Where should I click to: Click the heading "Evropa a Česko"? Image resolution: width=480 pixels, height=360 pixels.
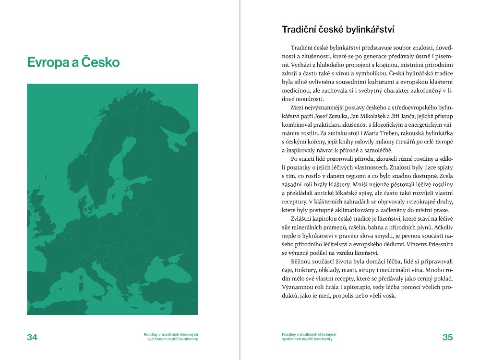pos(73,62)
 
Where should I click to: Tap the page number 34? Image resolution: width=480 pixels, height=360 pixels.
pos(32,337)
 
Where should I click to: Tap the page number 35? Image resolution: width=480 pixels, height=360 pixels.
pos(447,337)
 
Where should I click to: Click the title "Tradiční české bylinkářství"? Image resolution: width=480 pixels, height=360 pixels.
pos(338,30)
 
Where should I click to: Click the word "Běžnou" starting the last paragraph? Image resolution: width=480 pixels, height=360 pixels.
pos(301,261)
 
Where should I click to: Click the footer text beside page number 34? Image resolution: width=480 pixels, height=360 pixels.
pos(171,337)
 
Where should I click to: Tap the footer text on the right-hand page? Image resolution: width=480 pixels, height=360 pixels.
pos(309,337)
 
